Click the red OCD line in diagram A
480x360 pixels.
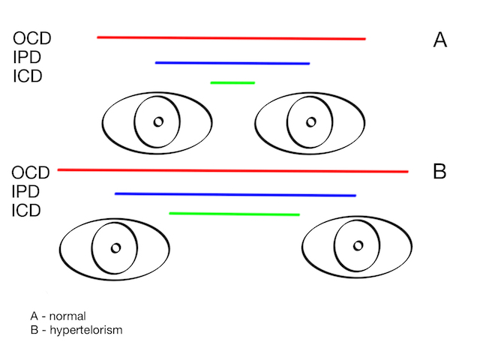click(231, 37)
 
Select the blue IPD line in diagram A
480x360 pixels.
click(232, 63)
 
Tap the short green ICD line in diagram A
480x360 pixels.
click(232, 82)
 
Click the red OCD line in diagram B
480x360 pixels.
click(232, 171)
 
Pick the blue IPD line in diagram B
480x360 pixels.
click(235, 194)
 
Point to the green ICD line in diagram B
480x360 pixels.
click(234, 214)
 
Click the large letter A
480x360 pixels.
click(440, 40)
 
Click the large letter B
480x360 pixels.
click(440, 172)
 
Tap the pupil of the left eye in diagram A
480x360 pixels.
click(158, 121)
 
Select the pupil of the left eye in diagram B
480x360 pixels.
click(115, 247)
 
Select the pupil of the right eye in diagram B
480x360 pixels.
click(358, 246)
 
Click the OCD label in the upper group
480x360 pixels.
click(31, 38)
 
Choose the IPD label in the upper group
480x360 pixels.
click(27, 57)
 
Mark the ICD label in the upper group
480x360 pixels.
click(28, 76)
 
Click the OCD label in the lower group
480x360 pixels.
click(31, 174)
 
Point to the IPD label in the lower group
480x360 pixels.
click(27, 193)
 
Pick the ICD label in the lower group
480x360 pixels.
click(27, 211)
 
